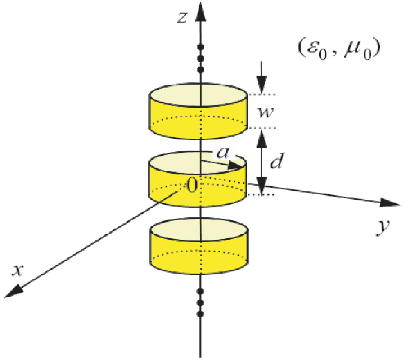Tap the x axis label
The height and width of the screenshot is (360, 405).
pyautogui.click(x=18, y=269)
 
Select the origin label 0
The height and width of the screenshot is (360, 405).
pyautogui.click(x=192, y=185)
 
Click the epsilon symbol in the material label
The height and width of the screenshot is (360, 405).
pyautogui.click(x=313, y=49)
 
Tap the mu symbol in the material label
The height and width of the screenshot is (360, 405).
pyautogui.click(x=352, y=49)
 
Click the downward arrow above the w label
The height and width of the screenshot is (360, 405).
pyautogui.click(x=261, y=83)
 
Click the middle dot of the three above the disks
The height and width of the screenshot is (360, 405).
pyautogui.click(x=201, y=58)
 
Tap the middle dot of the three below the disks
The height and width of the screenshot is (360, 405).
pyautogui.click(x=201, y=302)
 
